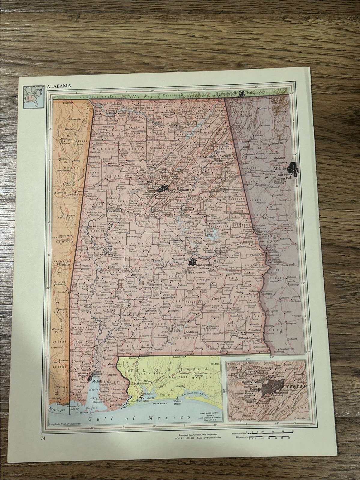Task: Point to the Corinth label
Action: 68,103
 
